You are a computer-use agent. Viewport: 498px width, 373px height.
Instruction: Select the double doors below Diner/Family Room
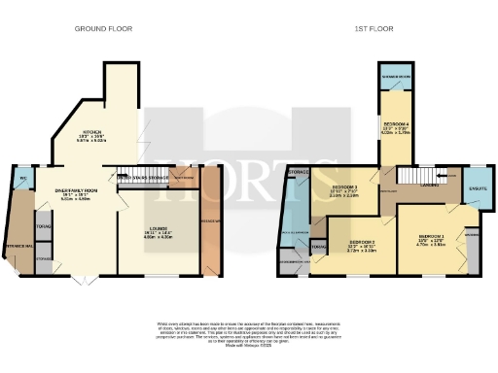click(x=81, y=278)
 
